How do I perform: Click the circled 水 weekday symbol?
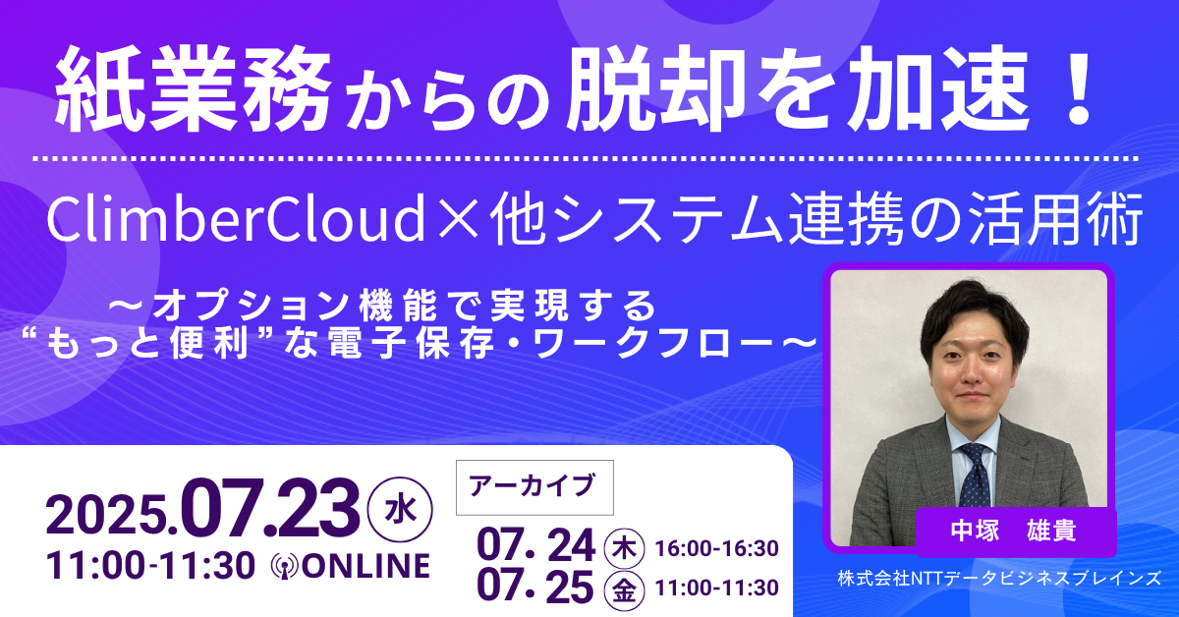pyautogui.click(x=400, y=510)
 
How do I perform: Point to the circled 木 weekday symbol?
pyautogui.click(x=624, y=549)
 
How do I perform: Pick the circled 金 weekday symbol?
pyautogui.click(x=624, y=590)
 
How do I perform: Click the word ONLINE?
pyautogui.click(x=365, y=567)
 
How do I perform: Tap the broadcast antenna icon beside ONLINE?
pyautogui.click(x=285, y=567)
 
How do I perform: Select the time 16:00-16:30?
pyautogui.click(x=716, y=548)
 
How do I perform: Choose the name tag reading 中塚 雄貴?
pyautogui.click(x=1016, y=532)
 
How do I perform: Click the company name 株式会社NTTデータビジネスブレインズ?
pyautogui.click(x=999, y=578)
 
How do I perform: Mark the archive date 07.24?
pyautogui.click(x=535, y=547)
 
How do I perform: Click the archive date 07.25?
pyautogui.click(x=535, y=588)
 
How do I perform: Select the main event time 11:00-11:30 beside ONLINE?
pyautogui.click(x=150, y=567)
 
